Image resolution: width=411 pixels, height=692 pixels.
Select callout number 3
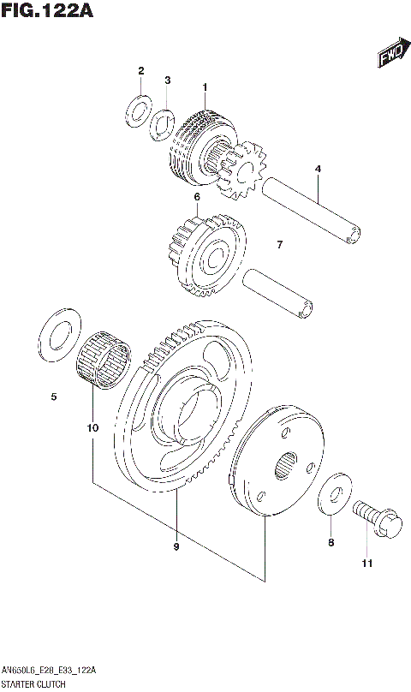coord(168,81)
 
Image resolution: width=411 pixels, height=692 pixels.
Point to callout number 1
coord(205,87)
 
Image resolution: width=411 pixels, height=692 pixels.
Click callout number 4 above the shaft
coord(318,170)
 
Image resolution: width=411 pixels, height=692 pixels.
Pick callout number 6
coord(196,197)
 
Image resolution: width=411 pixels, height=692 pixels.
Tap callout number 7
coord(279,245)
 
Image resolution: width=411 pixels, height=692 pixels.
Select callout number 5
coord(53,397)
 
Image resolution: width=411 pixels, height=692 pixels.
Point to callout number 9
coord(176,546)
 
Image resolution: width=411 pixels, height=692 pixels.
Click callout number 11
coord(367,563)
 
